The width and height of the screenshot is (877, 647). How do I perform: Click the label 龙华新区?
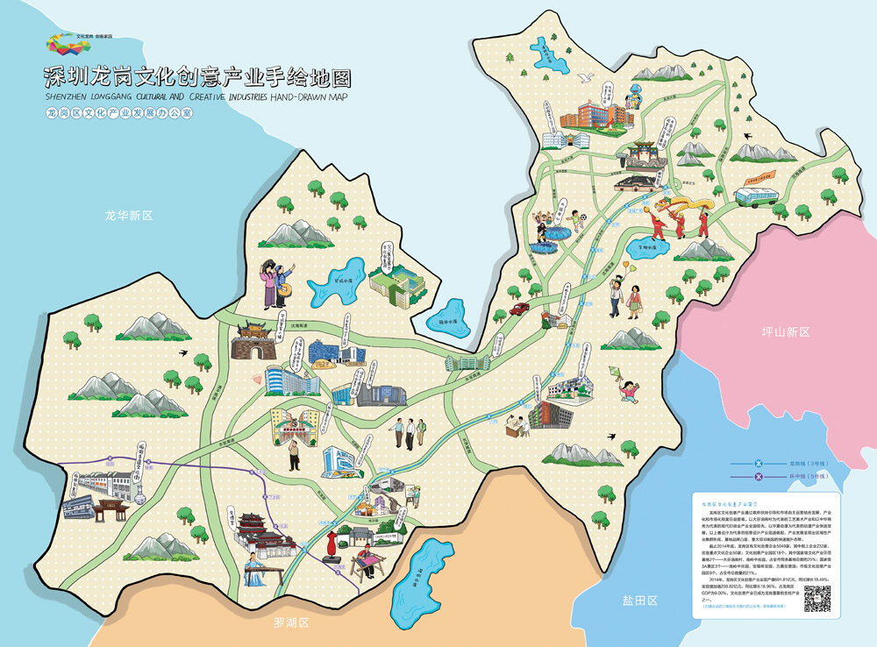128,215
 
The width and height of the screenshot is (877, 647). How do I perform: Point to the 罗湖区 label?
292,623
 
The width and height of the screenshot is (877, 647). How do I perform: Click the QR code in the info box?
816,601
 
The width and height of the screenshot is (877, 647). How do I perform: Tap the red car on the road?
519,308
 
